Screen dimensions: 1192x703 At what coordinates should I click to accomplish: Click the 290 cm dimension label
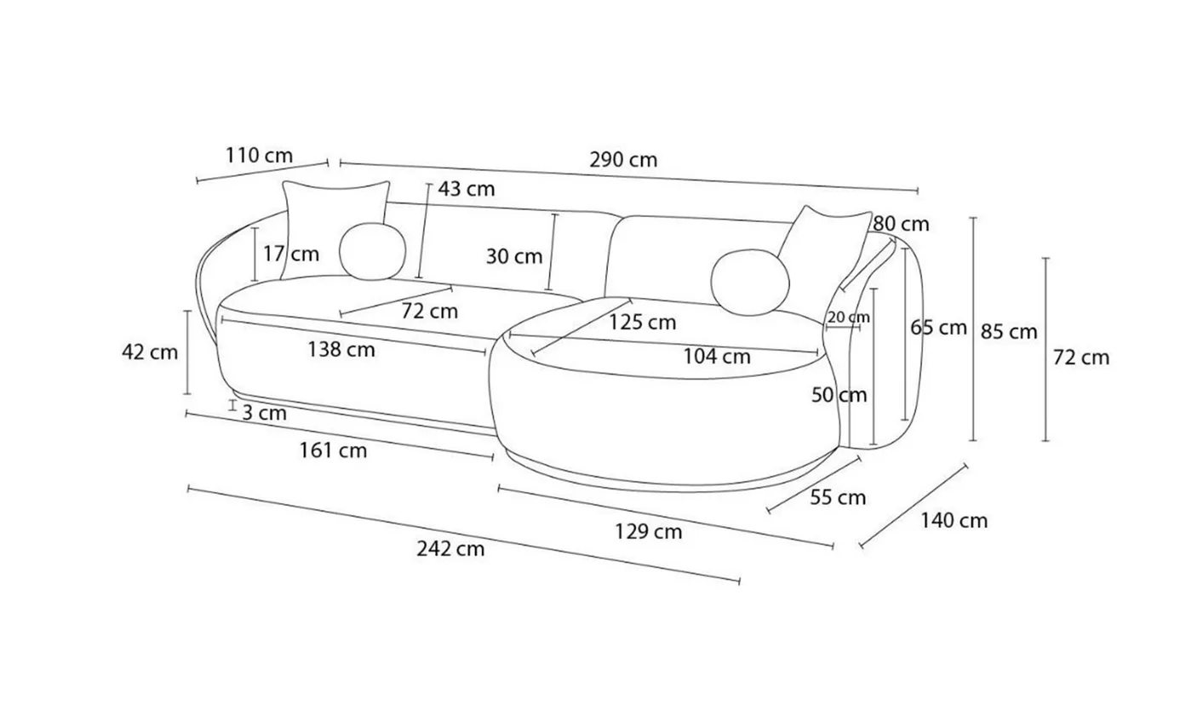pyautogui.click(x=623, y=159)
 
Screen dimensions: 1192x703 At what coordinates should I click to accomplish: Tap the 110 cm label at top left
pyautogui.click(x=259, y=155)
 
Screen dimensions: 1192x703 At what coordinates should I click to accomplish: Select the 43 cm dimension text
pyautogui.click(x=467, y=189)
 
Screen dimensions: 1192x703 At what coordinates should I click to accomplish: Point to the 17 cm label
pyautogui.click(x=291, y=254)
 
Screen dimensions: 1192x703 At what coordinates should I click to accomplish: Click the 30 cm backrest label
pyautogui.click(x=514, y=256)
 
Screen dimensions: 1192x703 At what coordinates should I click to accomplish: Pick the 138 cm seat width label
pyautogui.click(x=341, y=350)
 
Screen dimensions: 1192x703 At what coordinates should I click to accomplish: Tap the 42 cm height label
pyautogui.click(x=150, y=352)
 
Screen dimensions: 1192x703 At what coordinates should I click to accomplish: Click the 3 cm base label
pyautogui.click(x=265, y=413)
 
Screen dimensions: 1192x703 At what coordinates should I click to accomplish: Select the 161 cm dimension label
pyautogui.click(x=333, y=450)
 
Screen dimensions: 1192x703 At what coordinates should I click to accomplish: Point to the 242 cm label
pyautogui.click(x=450, y=548)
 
